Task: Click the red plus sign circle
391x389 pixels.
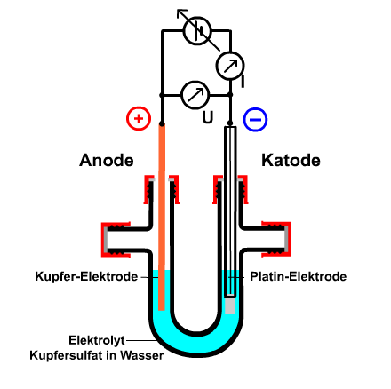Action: pyautogui.click(x=139, y=118)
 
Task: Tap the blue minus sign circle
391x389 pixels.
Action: pyautogui.click(x=255, y=120)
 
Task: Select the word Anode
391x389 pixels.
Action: pyautogui.click(x=107, y=161)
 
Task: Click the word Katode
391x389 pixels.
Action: pyautogui.click(x=291, y=161)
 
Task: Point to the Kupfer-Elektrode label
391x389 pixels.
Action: pyautogui.click(x=86, y=276)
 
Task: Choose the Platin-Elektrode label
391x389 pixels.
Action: pyautogui.click(x=299, y=276)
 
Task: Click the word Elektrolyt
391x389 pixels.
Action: pyautogui.click(x=97, y=340)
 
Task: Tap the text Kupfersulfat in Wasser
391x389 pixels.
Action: pyautogui.click(x=97, y=355)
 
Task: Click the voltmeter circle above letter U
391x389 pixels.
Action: pyautogui.click(x=195, y=95)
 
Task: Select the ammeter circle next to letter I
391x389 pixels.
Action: pyautogui.click(x=230, y=66)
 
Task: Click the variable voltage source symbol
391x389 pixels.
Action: pyautogui.click(x=197, y=30)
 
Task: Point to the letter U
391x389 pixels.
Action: pyautogui.click(x=208, y=117)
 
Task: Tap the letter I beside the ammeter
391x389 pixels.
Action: pyautogui.click(x=243, y=82)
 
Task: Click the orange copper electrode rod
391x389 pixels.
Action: pyautogui.click(x=162, y=218)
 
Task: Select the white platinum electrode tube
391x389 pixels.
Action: pyautogui.click(x=230, y=211)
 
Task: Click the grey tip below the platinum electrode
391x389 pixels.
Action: pyautogui.click(x=230, y=305)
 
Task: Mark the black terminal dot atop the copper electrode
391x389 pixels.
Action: pyautogui.click(x=162, y=123)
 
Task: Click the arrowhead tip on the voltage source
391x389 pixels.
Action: pyautogui.click(x=178, y=10)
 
